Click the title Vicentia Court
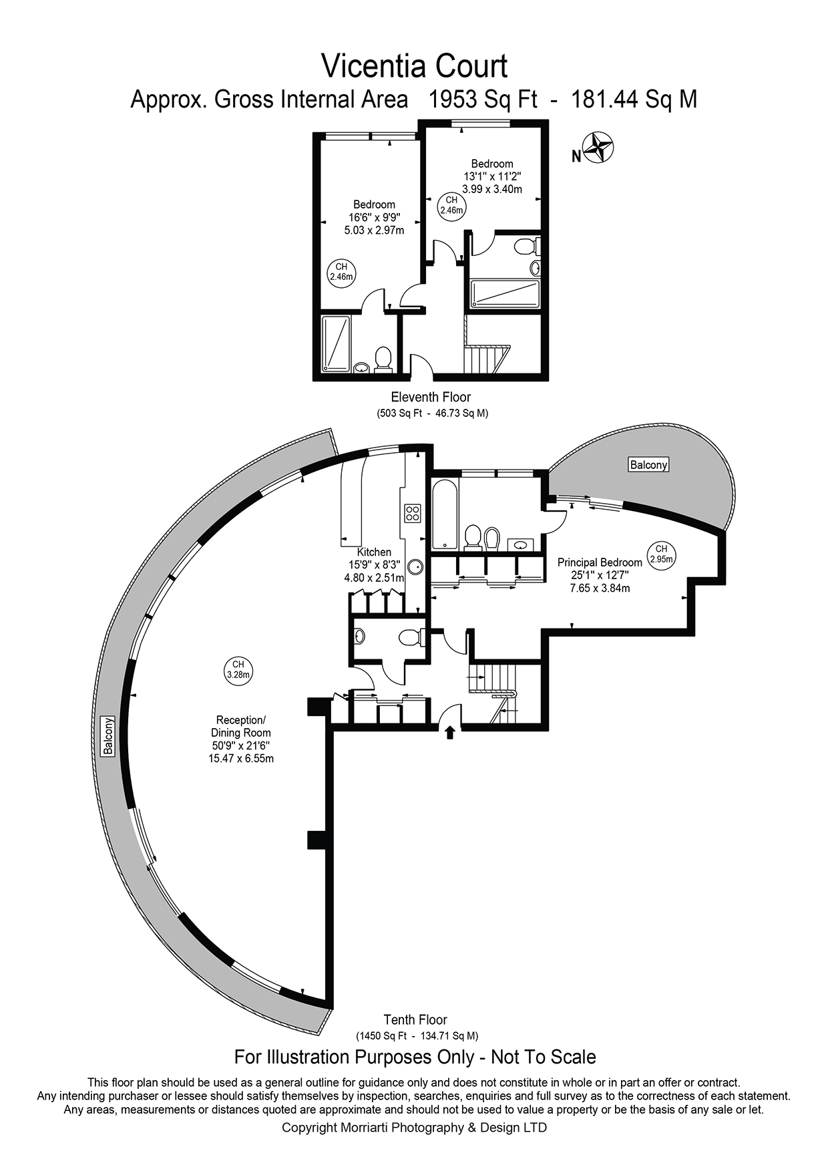414,66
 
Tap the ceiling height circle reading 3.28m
238,669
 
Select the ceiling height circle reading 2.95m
660,554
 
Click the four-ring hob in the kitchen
413,513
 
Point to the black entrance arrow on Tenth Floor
449,733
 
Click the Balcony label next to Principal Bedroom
648,464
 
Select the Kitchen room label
374,552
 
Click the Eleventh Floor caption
431,397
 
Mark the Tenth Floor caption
415,1020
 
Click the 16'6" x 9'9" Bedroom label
374,217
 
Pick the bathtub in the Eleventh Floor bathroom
505,294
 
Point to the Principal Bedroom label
600,562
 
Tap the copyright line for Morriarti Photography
414,1128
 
